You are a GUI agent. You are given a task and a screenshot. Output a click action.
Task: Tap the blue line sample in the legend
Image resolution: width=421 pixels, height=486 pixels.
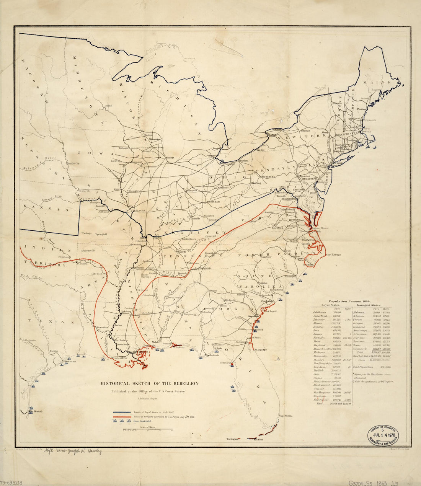coord(125,412)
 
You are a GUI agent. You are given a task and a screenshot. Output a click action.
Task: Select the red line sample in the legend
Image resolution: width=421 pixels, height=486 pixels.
coord(125,416)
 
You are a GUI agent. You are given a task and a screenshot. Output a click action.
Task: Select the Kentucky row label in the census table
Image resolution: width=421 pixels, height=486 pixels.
coord(317,338)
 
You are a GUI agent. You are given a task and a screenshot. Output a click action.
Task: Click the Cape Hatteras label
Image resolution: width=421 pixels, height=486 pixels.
coord(334,255)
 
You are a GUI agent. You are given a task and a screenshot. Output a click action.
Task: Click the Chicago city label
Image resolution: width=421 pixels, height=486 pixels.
coord(170,158)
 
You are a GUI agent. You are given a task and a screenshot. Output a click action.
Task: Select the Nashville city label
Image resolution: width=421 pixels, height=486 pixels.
coord(181,251)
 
